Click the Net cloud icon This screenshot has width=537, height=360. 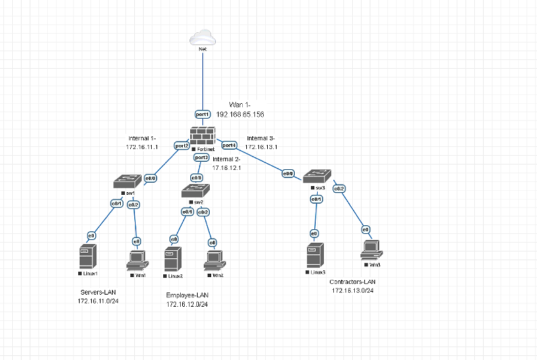click(202, 38)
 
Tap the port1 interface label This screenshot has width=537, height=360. click(202, 115)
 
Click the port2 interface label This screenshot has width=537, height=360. click(181, 145)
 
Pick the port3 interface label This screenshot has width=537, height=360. click(201, 157)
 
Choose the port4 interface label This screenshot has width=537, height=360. click(229, 145)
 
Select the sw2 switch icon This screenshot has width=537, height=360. click(195, 191)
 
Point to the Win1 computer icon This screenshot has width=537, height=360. click(137, 258)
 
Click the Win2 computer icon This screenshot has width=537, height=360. click(214, 260)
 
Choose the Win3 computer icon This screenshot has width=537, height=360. click(370, 249)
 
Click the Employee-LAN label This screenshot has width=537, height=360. click(187, 295)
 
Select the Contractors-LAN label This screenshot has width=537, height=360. click(351, 281)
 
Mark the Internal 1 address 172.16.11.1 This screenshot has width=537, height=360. click(142, 146)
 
